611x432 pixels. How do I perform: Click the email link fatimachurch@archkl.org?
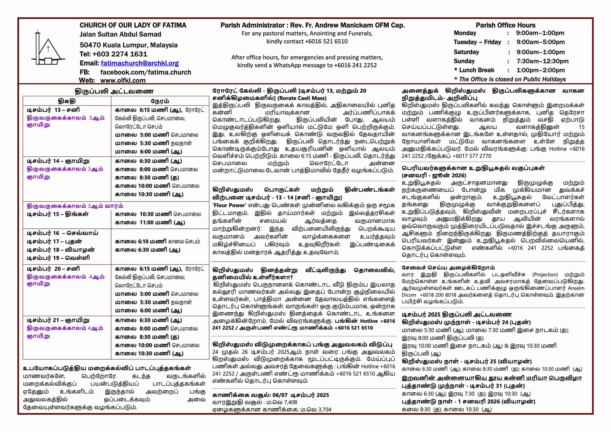pyautogui.click(x=140, y=63)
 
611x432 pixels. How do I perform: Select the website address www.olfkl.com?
pyautogui.click(x=123, y=80)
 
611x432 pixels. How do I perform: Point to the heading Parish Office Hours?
pyautogui.click(x=505, y=25)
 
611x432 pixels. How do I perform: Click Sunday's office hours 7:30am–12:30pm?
pyautogui.click(x=542, y=61)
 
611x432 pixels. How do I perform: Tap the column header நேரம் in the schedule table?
pyautogui.click(x=160, y=101)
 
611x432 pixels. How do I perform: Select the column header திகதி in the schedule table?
pyautogui.click(x=67, y=101)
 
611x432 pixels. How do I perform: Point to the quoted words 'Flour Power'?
pyautogui.click(x=229, y=205)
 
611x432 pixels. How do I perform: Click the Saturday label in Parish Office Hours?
pyautogui.click(x=466, y=52)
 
